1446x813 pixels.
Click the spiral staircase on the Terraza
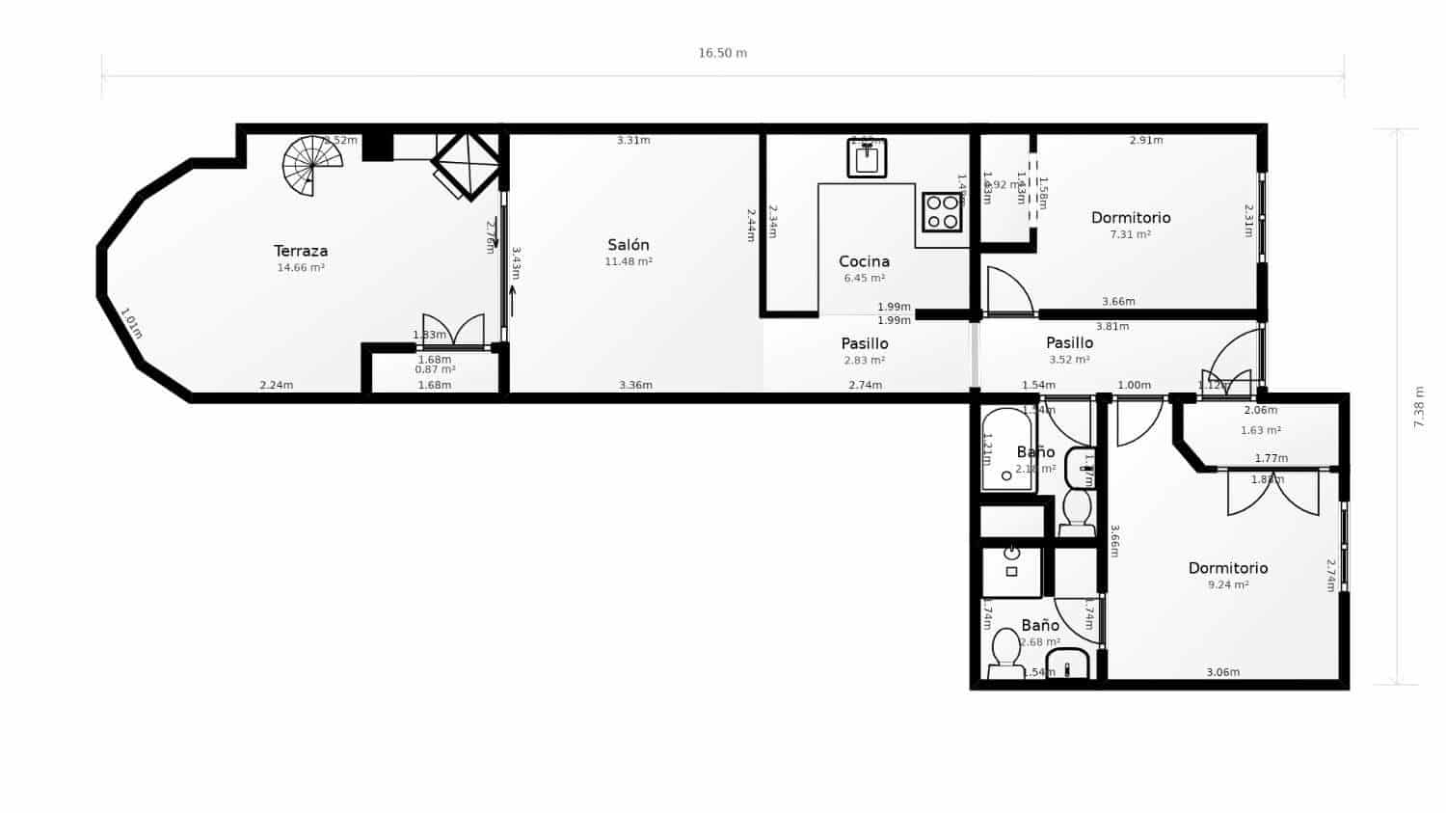[312, 166]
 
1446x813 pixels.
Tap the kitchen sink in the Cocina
[867, 158]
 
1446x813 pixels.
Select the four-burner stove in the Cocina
[942, 212]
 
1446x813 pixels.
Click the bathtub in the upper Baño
[1006, 450]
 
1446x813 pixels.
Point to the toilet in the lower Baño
[1006, 652]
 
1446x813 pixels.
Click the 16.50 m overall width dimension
[722, 53]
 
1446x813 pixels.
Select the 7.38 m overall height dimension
[1418, 407]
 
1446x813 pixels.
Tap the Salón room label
[629, 245]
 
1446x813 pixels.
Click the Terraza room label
[301, 251]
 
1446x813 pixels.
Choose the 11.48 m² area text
[629, 262]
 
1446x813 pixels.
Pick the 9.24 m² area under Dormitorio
[1228, 585]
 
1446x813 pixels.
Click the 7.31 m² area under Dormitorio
[1131, 234]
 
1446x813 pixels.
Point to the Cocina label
[864, 261]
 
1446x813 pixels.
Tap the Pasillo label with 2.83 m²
[865, 343]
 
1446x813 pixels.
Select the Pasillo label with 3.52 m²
[1069, 342]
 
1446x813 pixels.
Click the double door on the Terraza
[453, 331]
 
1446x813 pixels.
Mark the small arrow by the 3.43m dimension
[512, 300]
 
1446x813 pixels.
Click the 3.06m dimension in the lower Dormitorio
[1222, 672]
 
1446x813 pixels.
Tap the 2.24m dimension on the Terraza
[277, 386]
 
